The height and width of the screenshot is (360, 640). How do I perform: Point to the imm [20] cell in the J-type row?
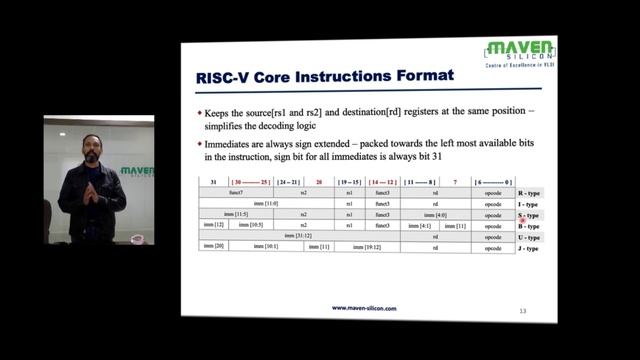coord(213,247)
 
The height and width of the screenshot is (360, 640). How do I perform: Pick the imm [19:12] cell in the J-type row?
coord(367,247)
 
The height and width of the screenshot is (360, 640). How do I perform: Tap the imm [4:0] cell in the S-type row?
coord(437,215)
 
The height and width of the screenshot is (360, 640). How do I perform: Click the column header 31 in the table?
coord(213,182)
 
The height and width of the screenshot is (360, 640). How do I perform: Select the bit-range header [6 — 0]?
coord(493,182)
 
